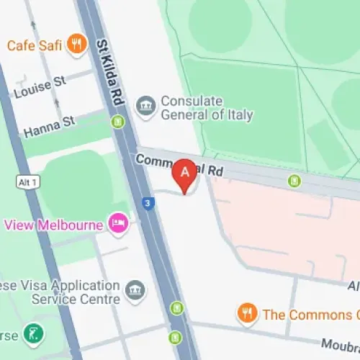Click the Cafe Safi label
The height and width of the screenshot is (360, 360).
(x=35, y=45)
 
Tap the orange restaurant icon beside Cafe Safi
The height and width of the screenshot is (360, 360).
(x=76, y=45)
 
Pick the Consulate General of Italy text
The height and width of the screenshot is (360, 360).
(x=206, y=107)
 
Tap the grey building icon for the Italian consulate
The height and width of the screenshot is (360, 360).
(x=146, y=107)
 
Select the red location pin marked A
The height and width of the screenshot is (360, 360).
(x=185, y=174)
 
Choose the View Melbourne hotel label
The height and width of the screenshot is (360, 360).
(x=53, y=224)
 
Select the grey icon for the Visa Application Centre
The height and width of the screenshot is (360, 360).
(x=135, y=291)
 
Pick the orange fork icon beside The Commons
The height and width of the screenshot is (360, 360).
(x=247, y=313)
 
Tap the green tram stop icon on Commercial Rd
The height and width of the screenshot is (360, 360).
(x=293, y=181)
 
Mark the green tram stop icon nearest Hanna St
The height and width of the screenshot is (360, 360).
(x=118, y=123)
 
